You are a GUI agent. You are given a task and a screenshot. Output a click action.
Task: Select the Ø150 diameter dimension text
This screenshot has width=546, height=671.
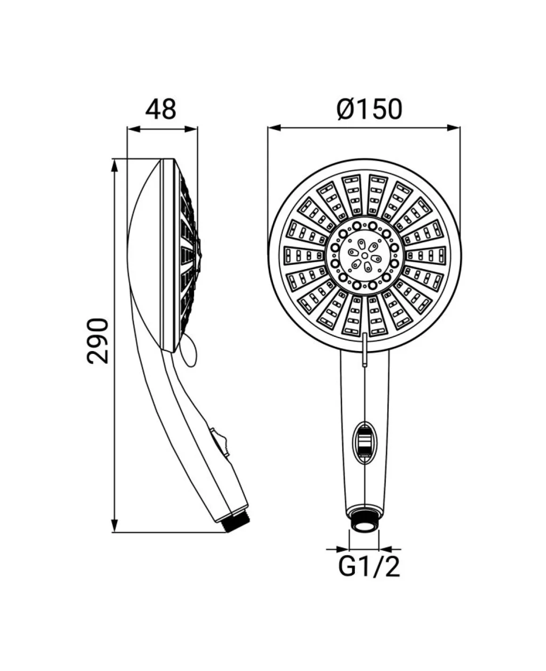pyautogui.click(x=369, y=109)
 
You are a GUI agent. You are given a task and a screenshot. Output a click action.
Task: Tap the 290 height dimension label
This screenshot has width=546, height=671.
pyautogui.click(x=97, y=341)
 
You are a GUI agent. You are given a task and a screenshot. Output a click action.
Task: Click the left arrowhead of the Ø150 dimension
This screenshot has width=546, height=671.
pyautogui.click(x=274, y=128)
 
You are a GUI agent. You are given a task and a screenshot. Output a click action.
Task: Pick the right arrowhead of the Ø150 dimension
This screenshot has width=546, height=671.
pyautogui.click(x=454, y=128)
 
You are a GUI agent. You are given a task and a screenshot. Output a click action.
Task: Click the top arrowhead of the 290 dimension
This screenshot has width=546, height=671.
pyautogui.click(x=115, y=166)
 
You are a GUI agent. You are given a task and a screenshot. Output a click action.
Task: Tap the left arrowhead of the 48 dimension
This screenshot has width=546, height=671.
pyautogui.click(x=133, y=129)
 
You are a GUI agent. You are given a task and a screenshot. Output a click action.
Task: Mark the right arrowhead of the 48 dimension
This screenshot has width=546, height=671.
pyautogui.click(x=191, y=129)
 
